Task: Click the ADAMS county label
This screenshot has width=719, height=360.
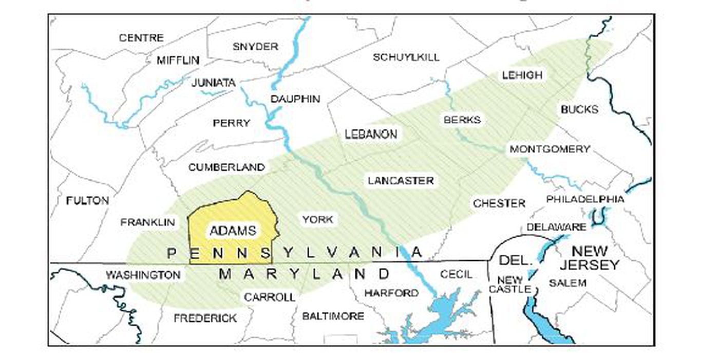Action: click(x=233, y=231)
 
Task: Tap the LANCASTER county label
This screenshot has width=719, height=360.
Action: click(x=401, y=181)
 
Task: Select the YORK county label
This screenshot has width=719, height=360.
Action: click(x=317, y=220)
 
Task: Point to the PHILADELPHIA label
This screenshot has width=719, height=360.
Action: click(x=585, y=199)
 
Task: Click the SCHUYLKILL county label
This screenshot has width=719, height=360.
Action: click(x=406, y=57)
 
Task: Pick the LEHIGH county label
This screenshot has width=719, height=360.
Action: click(x=522, y=75)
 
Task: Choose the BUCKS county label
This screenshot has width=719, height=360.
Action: click(x=579, y=109)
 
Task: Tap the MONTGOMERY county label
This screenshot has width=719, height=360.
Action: click(x=550, y=149)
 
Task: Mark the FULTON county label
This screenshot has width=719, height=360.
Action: click(x=88, y=201)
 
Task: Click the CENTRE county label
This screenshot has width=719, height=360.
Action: click(x=141, y=38)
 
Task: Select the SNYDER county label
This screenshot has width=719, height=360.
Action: click(x=255, y=47)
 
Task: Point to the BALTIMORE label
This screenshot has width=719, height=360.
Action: click(x=333, y=316)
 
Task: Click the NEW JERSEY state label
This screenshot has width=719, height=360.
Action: click(x=589, y=258)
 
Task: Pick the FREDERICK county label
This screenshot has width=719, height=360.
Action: click(x=205, y=318)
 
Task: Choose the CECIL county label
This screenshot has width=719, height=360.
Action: click(x=456, y=275)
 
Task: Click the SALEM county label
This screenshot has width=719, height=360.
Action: click(x=567, y=283)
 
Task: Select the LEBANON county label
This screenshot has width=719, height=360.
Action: click(x=371, y=135)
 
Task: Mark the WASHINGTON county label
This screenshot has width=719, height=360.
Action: click(x=143, y=275)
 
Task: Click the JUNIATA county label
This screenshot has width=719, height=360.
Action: click(x=213, y=83)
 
